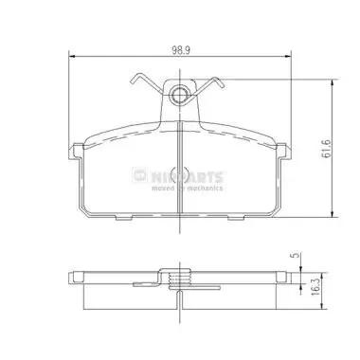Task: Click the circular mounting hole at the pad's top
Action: click(x=180, y=92)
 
